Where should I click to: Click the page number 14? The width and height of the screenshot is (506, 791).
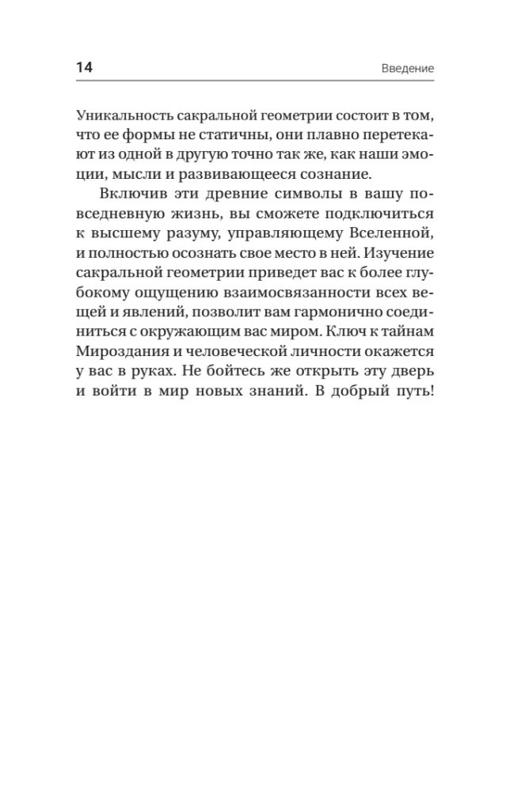[84, 67]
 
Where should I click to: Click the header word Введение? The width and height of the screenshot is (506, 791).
[402, 68]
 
